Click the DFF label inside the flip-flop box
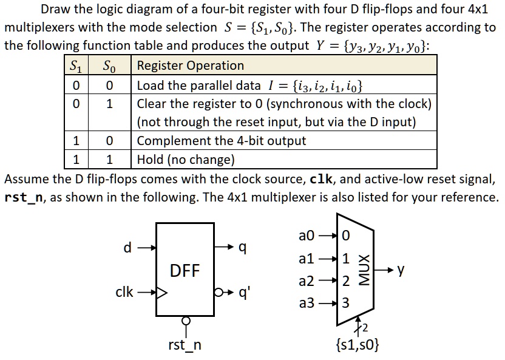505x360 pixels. click(x=185, y=271)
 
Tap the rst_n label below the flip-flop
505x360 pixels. click(x=185, y=345)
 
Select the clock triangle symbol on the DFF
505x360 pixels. click(x=162, y=293)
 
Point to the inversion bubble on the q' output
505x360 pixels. click(x=219, y=293)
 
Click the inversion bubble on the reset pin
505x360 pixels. click(x=186, y=321)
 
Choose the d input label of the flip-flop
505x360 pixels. click(x=127, y=247)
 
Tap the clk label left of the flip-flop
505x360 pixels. click(x=124, y=292)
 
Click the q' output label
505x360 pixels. click(x=245, y=293)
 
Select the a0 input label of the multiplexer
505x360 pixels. click(x=307, y=236)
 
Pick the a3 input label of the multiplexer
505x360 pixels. click(x=307, y=303)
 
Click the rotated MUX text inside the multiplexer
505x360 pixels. click(x=365, y=270)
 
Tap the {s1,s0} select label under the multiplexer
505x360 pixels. click(x=358, y=344)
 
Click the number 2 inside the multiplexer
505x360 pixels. click(x=345, y=281)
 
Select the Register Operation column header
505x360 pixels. click(x=191, y=66)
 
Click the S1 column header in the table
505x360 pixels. click(x=76, y=66)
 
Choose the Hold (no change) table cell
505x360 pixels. click(x=186, y=160)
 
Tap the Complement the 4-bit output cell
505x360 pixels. click(x=222, y=141)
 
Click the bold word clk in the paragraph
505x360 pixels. click(x=320, y=178)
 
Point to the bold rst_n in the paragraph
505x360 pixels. click(x=24, y=197)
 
